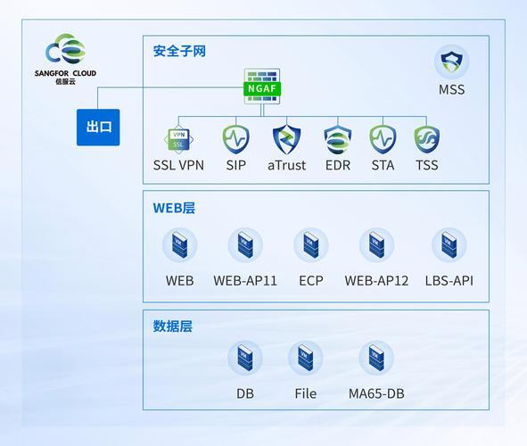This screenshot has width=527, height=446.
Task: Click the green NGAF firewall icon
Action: [262, 87]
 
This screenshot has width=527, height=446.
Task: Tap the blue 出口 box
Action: [98, 128]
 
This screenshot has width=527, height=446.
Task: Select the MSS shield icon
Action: [452, 62]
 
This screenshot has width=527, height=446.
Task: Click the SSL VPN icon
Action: [179, 139]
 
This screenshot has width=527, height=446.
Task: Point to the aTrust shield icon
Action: [287, 139]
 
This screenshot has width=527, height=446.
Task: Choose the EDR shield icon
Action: [338, 140]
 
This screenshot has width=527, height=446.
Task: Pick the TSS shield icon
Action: [427, 140]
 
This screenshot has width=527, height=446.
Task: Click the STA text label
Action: [383, 165]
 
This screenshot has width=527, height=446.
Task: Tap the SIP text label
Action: [236, 165]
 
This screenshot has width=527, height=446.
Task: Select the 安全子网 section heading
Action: [179, 52]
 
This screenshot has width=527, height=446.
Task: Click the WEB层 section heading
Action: [174, 208]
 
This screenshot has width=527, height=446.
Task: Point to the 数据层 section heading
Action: [173, 326]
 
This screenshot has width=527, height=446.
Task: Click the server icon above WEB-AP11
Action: [245, 245]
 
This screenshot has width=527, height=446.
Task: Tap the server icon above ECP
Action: [311, 245]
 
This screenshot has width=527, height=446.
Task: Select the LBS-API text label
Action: [449, 281]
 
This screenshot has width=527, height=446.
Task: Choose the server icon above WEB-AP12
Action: [376, 245]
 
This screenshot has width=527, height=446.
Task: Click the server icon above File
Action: [306, 358]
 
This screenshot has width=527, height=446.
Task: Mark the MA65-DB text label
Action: [376, 393]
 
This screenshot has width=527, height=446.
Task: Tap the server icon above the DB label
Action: [245, 358]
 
